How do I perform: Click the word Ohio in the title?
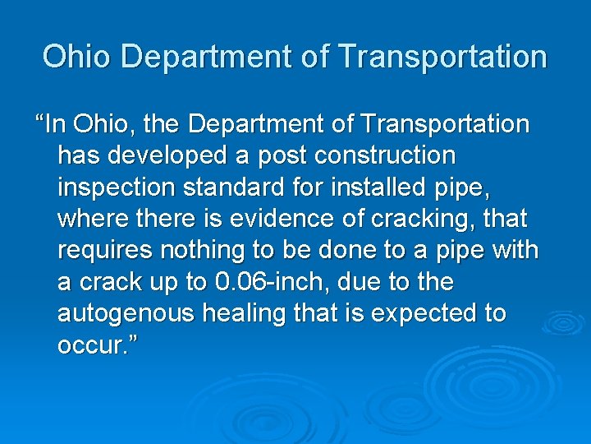click(76, 57)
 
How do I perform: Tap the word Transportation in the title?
click(442, 57)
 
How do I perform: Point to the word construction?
click(385, 155)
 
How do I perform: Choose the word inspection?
click(116, 187)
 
